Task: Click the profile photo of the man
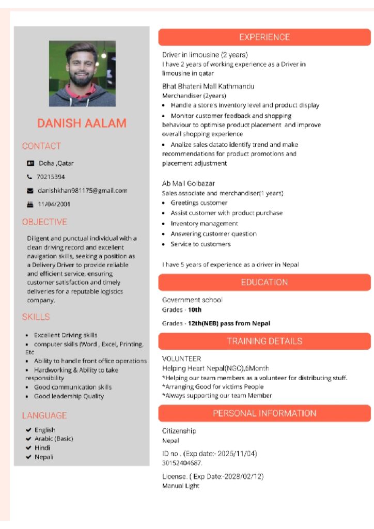[82, 73]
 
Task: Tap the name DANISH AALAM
[82, 123]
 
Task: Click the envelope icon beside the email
[30, 191]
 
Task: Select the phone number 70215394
[51, 177]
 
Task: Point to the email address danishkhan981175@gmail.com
[83, 191]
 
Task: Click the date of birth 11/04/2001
[54, 204]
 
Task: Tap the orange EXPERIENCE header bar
[264, 37]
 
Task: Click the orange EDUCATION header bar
[264, 282]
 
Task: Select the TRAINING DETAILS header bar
[264, 341]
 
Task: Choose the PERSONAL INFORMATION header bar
[264, 413]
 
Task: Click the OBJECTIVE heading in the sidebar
[44, 222]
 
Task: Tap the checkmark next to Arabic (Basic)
[28, 439]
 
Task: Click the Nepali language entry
[44, 457]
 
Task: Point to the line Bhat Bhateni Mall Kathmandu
[208, 86]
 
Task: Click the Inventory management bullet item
[204, 224]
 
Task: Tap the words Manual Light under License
[181, 486]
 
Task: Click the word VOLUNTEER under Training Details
[181, 359]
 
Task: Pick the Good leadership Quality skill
[69, 396]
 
